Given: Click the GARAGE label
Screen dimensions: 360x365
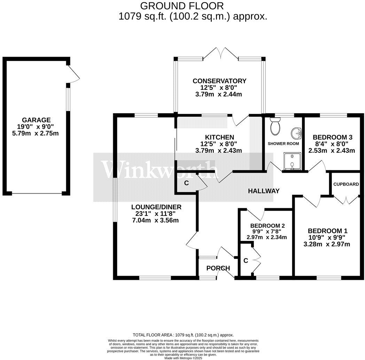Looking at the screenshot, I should [x=37, y=120].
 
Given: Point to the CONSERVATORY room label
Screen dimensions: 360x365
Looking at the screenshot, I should [x=219, y=81].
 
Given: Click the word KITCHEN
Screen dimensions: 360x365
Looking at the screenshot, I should [x=219, y=137].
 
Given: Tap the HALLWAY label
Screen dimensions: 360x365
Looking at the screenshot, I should [x=264, y=191].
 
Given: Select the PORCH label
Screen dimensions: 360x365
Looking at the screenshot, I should [x=218, y=268].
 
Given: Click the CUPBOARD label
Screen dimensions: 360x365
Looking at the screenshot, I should [x=346, y=184].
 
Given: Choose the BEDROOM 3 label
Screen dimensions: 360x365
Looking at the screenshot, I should [x=330, y=137].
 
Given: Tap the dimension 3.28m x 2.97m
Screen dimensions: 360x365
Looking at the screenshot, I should [x=326, y=244].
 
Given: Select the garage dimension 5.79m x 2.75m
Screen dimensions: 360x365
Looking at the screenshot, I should [x=37, y=133].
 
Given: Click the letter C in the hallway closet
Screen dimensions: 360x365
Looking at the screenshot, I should [x=186, y=183].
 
